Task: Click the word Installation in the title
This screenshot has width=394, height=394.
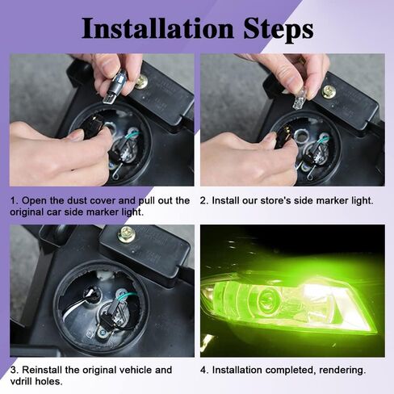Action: coord(157,28)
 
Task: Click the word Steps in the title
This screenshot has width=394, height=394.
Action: coord(279,30)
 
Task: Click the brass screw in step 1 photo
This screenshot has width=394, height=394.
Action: coord(141,82)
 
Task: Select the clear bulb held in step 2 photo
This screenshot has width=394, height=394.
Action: coord(298,103)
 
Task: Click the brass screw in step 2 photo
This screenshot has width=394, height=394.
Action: coord(329,91)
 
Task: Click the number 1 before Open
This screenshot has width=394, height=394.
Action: coord(13,201)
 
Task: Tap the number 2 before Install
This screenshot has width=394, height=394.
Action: coord(203,201)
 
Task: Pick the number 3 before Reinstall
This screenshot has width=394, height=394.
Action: coord(14,370)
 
